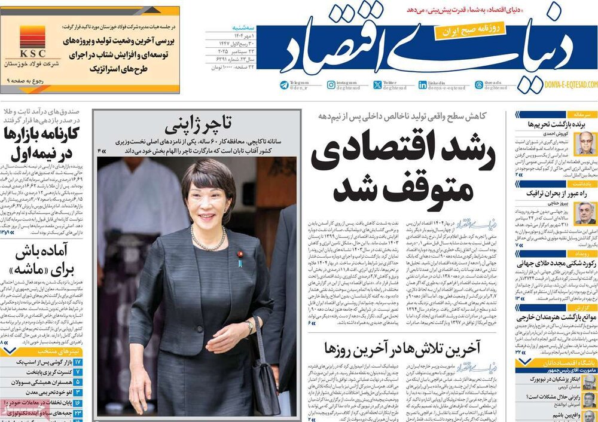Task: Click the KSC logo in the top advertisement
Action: (x=32, y=38)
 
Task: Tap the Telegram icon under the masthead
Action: (x=283, y=85)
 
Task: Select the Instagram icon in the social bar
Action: (x=331, y=85)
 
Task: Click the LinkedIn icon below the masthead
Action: (x=423, y=85)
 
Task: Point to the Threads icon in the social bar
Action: (x=478, y=85)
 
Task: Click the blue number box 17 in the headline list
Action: (x=78, y=362)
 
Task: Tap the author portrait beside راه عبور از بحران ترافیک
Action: (x=585, y=213)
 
